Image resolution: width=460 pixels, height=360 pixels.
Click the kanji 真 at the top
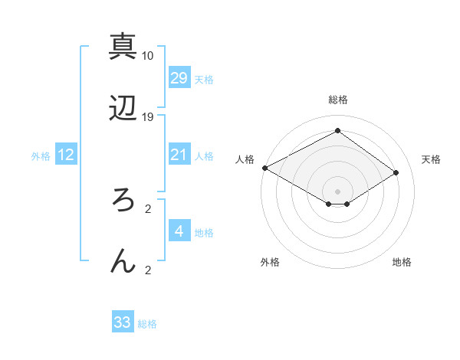point(123,47)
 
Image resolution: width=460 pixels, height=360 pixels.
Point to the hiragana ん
point(123,261)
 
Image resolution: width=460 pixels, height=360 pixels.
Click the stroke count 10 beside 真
point(148,56)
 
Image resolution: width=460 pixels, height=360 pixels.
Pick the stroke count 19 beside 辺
point(148,117)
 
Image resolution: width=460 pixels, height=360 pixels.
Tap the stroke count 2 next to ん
point(148,270)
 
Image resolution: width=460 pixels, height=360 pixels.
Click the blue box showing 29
point(179,78)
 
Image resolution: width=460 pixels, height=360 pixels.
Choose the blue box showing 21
point(179,155)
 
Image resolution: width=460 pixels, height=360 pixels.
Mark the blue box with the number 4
point(179,231)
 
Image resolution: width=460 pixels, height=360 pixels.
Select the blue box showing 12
point(66,155)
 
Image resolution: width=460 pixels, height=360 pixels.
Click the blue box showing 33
point(123,322)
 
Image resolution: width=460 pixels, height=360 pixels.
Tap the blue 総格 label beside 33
point(147,324)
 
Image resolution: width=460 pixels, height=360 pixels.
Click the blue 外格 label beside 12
point(41,156)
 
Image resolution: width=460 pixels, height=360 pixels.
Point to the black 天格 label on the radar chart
point(431,159)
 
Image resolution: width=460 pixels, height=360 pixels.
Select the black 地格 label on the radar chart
point(402,262)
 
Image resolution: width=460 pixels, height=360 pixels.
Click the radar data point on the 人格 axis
point(264,168)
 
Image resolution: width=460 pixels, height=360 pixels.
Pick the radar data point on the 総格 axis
point(337,130)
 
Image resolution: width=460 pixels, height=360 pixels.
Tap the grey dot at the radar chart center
point(337,191)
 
